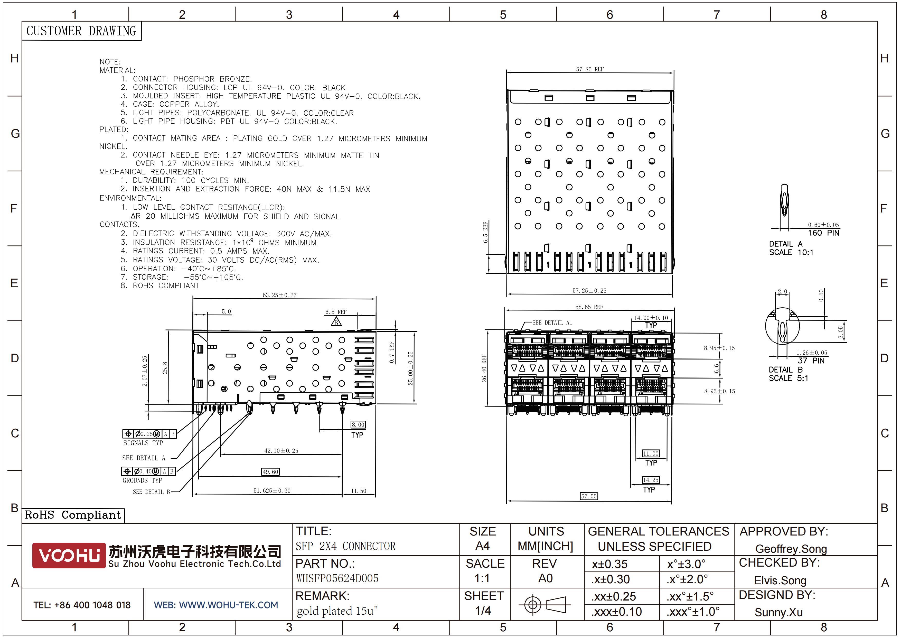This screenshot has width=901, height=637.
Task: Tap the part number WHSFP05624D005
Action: point(337,578)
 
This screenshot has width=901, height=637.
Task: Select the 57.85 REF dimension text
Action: point(590,69)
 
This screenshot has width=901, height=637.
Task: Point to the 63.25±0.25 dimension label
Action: point(279,295)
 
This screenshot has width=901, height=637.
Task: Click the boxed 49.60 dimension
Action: point(271,472)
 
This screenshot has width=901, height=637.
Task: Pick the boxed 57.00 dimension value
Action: point(589,496)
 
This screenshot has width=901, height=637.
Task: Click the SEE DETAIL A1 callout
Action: point(552,323)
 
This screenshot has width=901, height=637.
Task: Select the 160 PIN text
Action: point(823,233)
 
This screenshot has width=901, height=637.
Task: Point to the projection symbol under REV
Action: point(545,604)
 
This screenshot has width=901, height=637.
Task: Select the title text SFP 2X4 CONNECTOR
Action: point(346,546)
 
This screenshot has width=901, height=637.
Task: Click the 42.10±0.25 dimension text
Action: point(281,451)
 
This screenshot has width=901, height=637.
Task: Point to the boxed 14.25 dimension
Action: point(651,480)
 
